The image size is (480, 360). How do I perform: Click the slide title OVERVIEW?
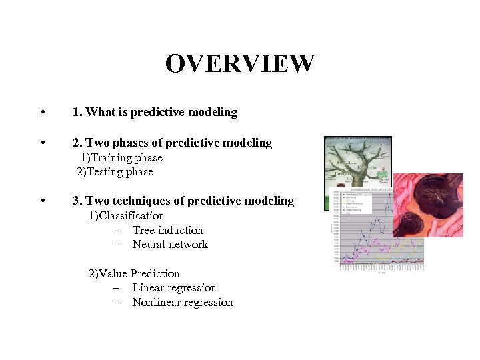point(239,64)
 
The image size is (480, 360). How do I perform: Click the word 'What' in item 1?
point(100,112)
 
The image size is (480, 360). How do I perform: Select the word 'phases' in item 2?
point(141,143)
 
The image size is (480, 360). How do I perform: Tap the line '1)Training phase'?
point(122,158)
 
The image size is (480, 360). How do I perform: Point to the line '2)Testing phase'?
point(115,172)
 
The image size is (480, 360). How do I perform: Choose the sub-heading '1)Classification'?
point(127,215)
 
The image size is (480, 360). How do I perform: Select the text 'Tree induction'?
point(167,230)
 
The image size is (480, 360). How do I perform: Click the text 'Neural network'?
point(170,245)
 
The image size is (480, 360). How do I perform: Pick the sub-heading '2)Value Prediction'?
point(134,273)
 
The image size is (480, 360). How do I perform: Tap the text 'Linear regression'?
point(174,288)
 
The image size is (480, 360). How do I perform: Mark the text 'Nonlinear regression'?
point(183,303)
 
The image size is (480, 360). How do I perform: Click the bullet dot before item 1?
point(43,113)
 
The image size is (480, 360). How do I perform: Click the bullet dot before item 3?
point(43,201)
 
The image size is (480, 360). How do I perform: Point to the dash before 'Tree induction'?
point(116,231)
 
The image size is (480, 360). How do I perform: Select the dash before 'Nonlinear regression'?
point(116,303)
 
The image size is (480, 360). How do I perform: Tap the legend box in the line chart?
point(355,203)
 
